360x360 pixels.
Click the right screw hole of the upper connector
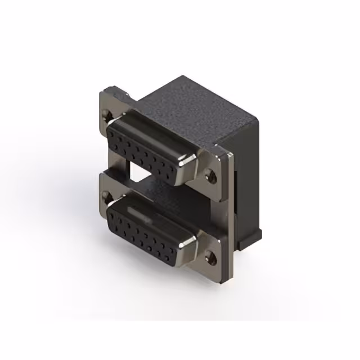212,175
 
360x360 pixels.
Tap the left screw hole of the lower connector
105,196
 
